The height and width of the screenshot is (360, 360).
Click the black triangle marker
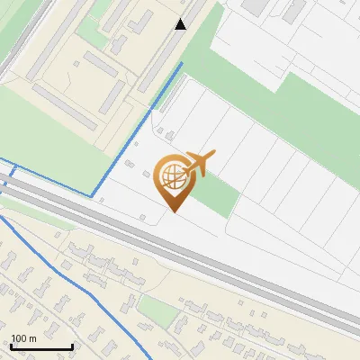(x=181, y=24)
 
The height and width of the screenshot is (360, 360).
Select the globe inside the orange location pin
(x=170, y=176)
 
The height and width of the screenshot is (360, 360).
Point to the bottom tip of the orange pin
(x=174, y=211)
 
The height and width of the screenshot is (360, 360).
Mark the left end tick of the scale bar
(x=11, y=346)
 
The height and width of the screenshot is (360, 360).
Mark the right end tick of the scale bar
(x=72, y=346)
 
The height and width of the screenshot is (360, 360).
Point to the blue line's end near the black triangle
(x=182, y=64)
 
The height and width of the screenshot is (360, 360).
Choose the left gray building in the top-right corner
(x=255, y=6)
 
